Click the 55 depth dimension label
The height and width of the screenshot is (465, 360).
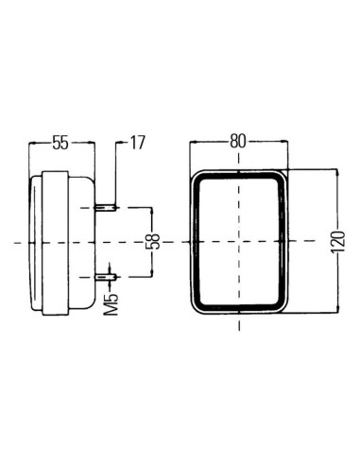[x=59, y=143]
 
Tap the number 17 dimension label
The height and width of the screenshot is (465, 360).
[x=136, y=143]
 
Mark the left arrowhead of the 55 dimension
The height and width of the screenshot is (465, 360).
[x=33, y=143]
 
